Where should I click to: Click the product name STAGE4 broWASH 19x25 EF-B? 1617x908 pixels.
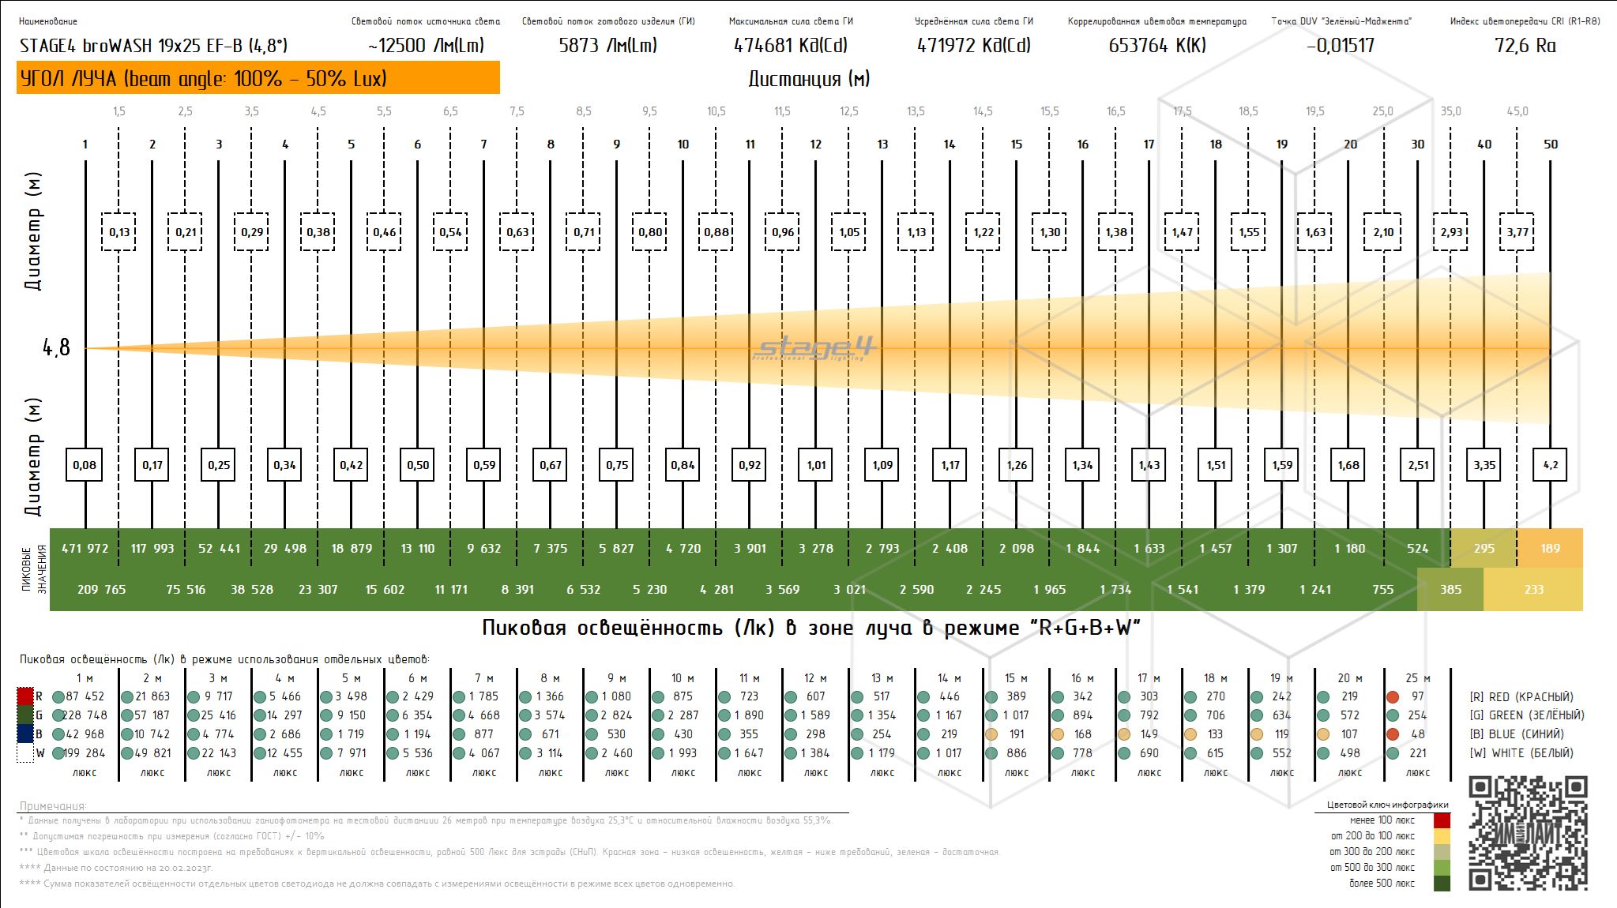click(153, 46)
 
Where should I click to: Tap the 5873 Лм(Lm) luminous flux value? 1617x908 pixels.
click(607, 46)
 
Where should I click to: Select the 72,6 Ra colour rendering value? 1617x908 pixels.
click(1525, 46)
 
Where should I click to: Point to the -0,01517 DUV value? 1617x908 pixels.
click(1341, 46)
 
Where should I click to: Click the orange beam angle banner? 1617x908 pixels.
click(258, 78)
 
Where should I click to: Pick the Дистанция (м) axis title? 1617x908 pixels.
click(809, 79)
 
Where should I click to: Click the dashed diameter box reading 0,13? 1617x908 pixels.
click(119, 232)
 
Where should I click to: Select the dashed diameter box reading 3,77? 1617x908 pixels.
click(1517, 232)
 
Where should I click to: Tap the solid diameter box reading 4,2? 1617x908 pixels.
click(1550, 465)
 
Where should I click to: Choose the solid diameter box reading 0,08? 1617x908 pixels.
click(85, 465)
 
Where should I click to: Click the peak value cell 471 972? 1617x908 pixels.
click(85, 548)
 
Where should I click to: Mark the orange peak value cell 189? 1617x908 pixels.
click(1550, 548)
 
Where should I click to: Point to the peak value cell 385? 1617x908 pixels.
click(1450, 589)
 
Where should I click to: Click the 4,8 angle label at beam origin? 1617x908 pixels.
click(56, 347)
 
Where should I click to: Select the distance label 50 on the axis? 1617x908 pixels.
click(1551, 144)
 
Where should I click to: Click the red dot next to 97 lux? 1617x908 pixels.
click(1393, 697)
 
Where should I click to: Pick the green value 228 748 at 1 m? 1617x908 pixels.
click(85, 715)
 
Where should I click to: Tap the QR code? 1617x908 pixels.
click(1528, 834)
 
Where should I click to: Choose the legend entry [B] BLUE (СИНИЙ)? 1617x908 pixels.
click(1516, 734)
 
